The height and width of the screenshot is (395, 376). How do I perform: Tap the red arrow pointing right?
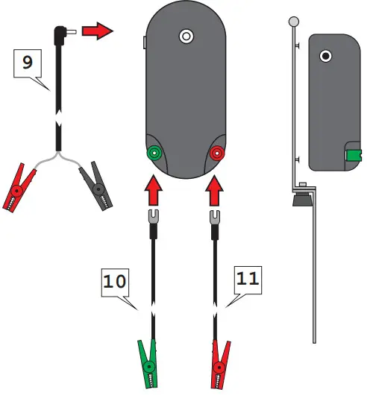[x=95, y=32]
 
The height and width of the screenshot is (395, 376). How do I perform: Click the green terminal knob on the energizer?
[x=154, y=154]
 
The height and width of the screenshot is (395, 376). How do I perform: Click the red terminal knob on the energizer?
[x=216, y=154]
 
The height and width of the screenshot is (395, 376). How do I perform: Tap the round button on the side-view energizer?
[x=325, y=55]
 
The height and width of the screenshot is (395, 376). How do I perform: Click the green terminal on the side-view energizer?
[x=352, y=155]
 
